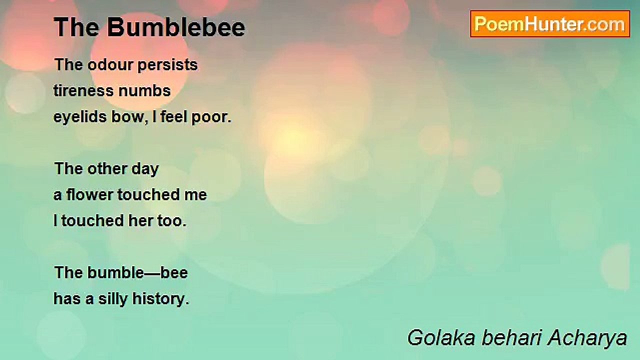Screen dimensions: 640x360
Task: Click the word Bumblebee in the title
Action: coord(176,27)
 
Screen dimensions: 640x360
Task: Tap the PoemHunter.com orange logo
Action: coord(550,24)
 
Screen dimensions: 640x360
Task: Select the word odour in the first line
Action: coord(110,64)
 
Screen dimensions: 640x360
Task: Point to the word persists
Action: coord(167,65)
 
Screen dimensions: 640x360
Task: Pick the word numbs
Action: coord(144,91)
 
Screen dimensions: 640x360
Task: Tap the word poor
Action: coord(211,117)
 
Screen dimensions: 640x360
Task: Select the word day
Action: coord(145,169)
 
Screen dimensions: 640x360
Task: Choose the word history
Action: coord(161,299)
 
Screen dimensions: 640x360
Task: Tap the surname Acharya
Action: coord(587,338)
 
